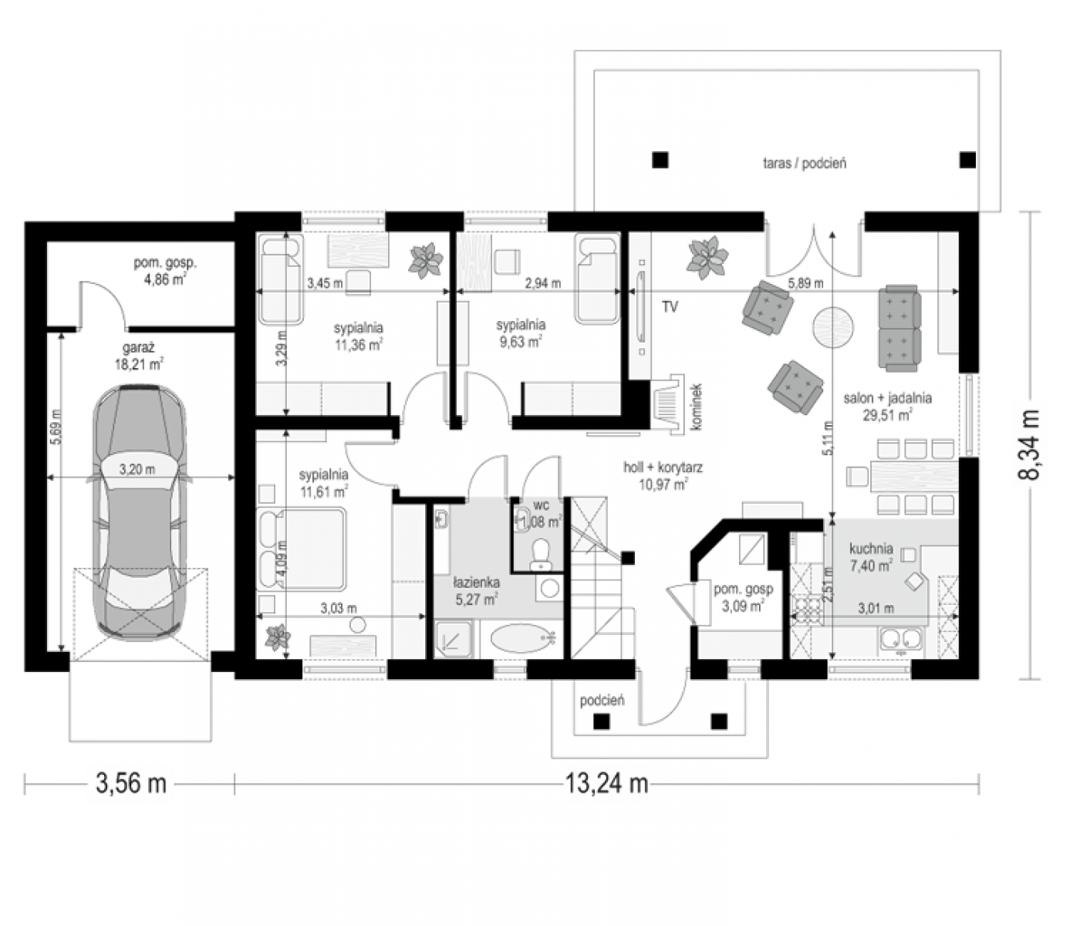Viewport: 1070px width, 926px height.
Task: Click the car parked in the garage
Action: pyautogui.click(x=140, y=511)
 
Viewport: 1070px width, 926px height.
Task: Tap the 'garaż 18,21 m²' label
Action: pyautogui.click(x=139, y=356)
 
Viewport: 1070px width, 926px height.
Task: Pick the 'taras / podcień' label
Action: pyautogui.click(x=804, y=164)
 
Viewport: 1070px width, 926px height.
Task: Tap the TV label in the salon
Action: pyautogui.click(x=670, y=307)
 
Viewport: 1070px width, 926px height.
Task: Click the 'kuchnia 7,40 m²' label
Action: pyautogui.click(x=871, y=556)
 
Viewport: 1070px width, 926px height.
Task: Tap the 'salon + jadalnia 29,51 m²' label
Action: pyautogui.click(x=887, y=407)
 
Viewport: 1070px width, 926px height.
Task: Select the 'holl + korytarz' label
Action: pyautogui.click(x=662, y=468)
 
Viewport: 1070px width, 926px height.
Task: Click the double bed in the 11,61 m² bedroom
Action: pyautogui.click(x=302, y=549)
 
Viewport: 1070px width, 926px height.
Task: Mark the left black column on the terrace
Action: pyautogui.click(x=660, y=160)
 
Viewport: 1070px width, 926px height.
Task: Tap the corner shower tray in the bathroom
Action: pyautogui.click(x=454, y=640)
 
